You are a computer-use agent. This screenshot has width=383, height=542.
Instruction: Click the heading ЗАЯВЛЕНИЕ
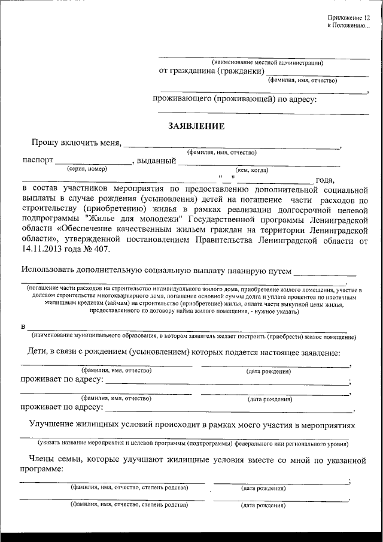[196, 126]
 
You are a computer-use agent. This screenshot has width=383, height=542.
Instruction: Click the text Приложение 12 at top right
[344, 19]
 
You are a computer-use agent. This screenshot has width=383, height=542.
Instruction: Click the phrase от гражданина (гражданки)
[211, 71]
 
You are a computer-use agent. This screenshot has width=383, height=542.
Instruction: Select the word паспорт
[38, 161]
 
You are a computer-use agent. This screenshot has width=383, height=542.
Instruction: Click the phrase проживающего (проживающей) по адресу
[233, 98]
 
